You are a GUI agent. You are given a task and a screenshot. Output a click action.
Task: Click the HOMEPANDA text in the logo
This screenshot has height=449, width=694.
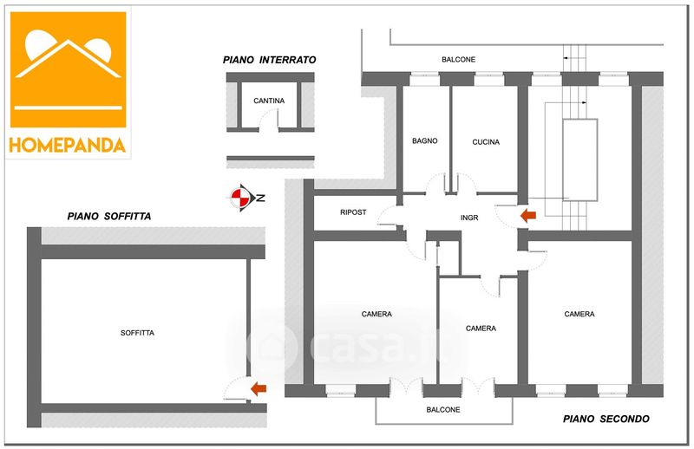(x=68, y=145)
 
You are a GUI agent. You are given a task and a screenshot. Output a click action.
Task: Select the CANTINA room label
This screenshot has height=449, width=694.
(x=269, y=101)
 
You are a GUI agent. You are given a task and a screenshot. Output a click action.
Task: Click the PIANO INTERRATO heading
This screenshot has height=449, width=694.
(x=269, y=60)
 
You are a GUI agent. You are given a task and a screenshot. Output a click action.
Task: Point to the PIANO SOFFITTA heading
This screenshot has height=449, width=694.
(x=109, y=216)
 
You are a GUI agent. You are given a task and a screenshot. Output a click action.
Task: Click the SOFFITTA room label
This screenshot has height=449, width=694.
(x=138, y=332)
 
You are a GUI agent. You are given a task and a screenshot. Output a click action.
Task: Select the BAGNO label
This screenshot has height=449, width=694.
(x=425, y=141)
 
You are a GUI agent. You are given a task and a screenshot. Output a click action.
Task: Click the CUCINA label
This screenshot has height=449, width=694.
(x=487, y=142)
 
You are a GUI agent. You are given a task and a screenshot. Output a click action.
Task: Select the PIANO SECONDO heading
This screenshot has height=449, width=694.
(x=606, y=420)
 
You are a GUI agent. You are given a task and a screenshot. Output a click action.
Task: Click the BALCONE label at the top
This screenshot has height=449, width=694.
(x=459, y=59)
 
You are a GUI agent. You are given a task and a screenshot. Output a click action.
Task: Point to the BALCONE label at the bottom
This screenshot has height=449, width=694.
(x=443, y=410)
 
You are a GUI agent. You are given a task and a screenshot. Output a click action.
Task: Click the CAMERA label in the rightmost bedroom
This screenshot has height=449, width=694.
(x=579, y=314)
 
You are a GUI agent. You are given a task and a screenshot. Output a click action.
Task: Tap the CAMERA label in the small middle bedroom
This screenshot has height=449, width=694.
(x=481, y=329)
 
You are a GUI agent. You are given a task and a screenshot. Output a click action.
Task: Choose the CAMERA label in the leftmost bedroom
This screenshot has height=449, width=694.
(x=376, y=314)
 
